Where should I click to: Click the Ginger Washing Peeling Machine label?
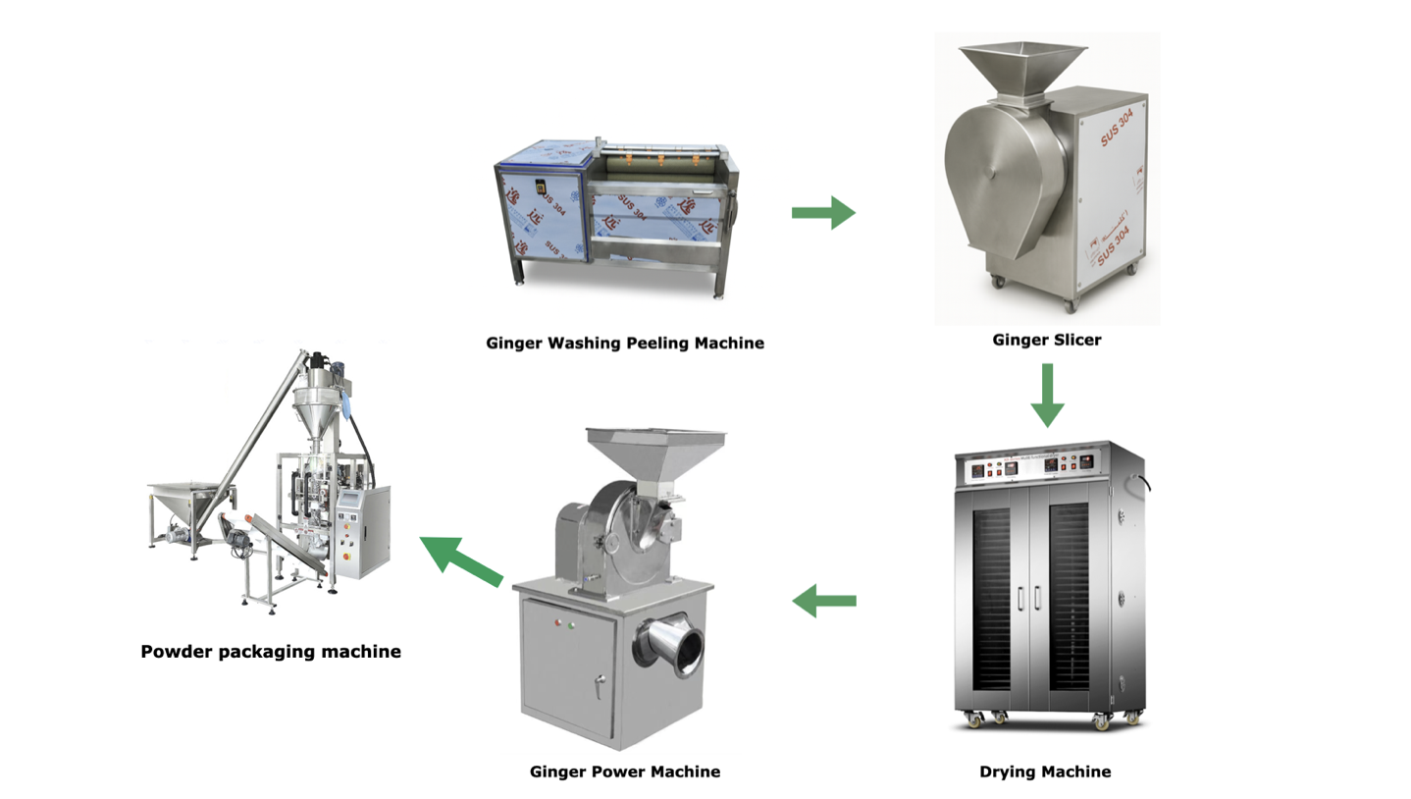[625, 343]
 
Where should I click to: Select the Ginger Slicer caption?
[1046, 340]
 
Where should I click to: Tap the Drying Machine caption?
[1045, 772]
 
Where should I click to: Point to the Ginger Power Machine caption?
[625, 772]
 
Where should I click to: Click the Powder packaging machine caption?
[271, 651]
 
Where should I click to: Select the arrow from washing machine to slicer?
[823, 212]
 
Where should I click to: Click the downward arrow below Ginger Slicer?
[1047, 395]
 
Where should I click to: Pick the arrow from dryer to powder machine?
[823, 600]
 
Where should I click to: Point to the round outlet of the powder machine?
[679, 645]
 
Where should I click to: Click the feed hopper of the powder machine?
[655, 451]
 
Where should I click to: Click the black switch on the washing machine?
[538, 187]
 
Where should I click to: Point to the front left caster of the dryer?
[977, 722]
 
